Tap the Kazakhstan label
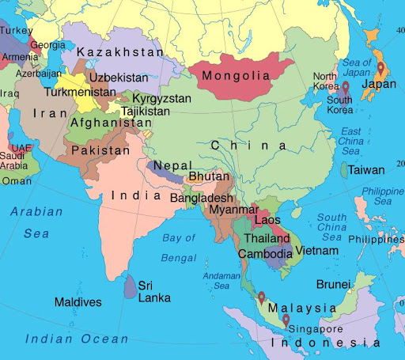[120, 52]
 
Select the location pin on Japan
[380, 68]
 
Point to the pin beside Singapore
[285, 320]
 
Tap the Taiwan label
[367, 170]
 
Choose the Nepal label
[172, 166]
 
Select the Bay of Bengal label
[178, 247]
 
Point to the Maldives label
[78, 302]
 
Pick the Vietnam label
[317, 251]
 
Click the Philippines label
[376, 239]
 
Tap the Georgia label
[48, 45]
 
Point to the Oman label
[17, 180]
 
